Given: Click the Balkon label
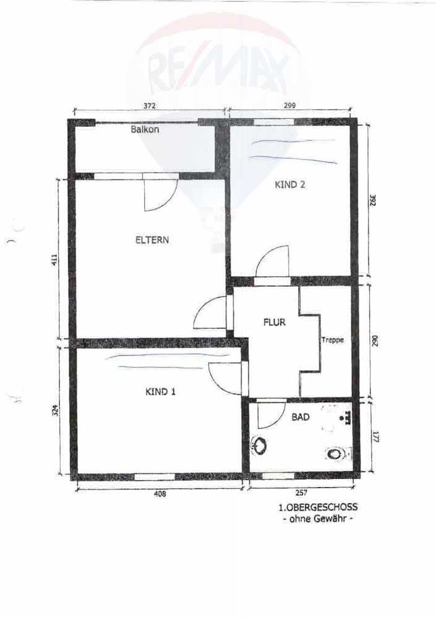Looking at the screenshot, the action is pyautogui.click(x=145, y=129).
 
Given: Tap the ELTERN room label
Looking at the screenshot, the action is pyautogui.click(x=152, y=240).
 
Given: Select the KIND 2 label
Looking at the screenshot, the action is pyautogui.click(x=290, y=184).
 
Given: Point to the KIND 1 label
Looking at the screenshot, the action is pyautogui.click(x=161, y=392).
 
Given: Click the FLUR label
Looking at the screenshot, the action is pyautogui.click(x=274, y=323).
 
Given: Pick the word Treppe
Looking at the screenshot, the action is pyautogui.click(x=332, y=340).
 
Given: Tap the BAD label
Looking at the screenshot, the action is pyautogui.click(x=301, y=417).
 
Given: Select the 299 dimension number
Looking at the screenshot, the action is pyautogui.click(x=289, y=105).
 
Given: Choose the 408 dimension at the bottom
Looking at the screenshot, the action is pyautogui.click(x=160, y=493).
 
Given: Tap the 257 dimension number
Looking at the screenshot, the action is pyautogui.click(x=301, y=493).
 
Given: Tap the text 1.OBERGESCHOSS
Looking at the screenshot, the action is pyautogui.click(x=318, y=507).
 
